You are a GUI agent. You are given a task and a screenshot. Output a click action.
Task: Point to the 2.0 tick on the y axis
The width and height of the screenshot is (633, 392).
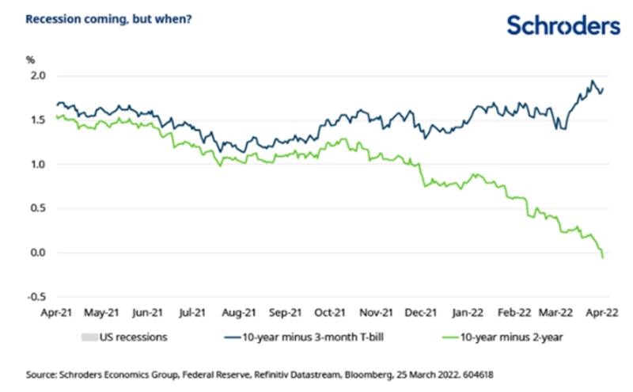[x=38, y=76]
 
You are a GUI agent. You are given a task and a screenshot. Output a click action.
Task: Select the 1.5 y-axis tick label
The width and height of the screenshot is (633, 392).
[x=38, y=120]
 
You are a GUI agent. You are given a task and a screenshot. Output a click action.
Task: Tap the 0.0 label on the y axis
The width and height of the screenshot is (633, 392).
[x=38, y=253]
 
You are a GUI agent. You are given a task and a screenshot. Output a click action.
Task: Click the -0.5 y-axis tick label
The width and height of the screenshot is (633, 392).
[x=36, y=298]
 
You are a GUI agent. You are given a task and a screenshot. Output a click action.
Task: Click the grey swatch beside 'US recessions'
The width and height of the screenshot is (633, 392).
[x=89, y=337]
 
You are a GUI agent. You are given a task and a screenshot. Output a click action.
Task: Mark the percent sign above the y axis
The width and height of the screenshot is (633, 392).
[x=31, y=59]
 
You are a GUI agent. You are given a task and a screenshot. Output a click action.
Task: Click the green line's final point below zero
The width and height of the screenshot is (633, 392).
[x=603, y=257]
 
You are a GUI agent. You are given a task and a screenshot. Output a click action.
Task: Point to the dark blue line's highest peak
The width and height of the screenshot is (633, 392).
[x=592, y=81]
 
